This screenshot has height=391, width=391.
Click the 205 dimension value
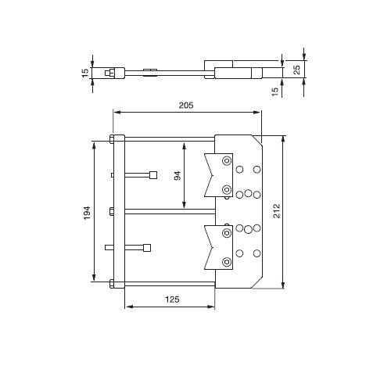(186, 106)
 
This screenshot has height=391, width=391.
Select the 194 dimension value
(87, 213)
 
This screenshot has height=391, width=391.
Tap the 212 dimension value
(277, 210)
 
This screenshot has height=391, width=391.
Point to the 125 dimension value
(172, 300)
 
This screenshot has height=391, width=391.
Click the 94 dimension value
(178, 176)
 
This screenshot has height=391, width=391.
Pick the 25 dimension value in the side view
(297, 70)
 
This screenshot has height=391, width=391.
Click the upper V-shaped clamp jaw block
(218, 175)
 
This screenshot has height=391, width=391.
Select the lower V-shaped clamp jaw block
(218, 247)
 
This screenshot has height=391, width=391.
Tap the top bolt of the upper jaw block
(227, 160)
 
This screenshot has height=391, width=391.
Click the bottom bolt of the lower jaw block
(227, 262)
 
